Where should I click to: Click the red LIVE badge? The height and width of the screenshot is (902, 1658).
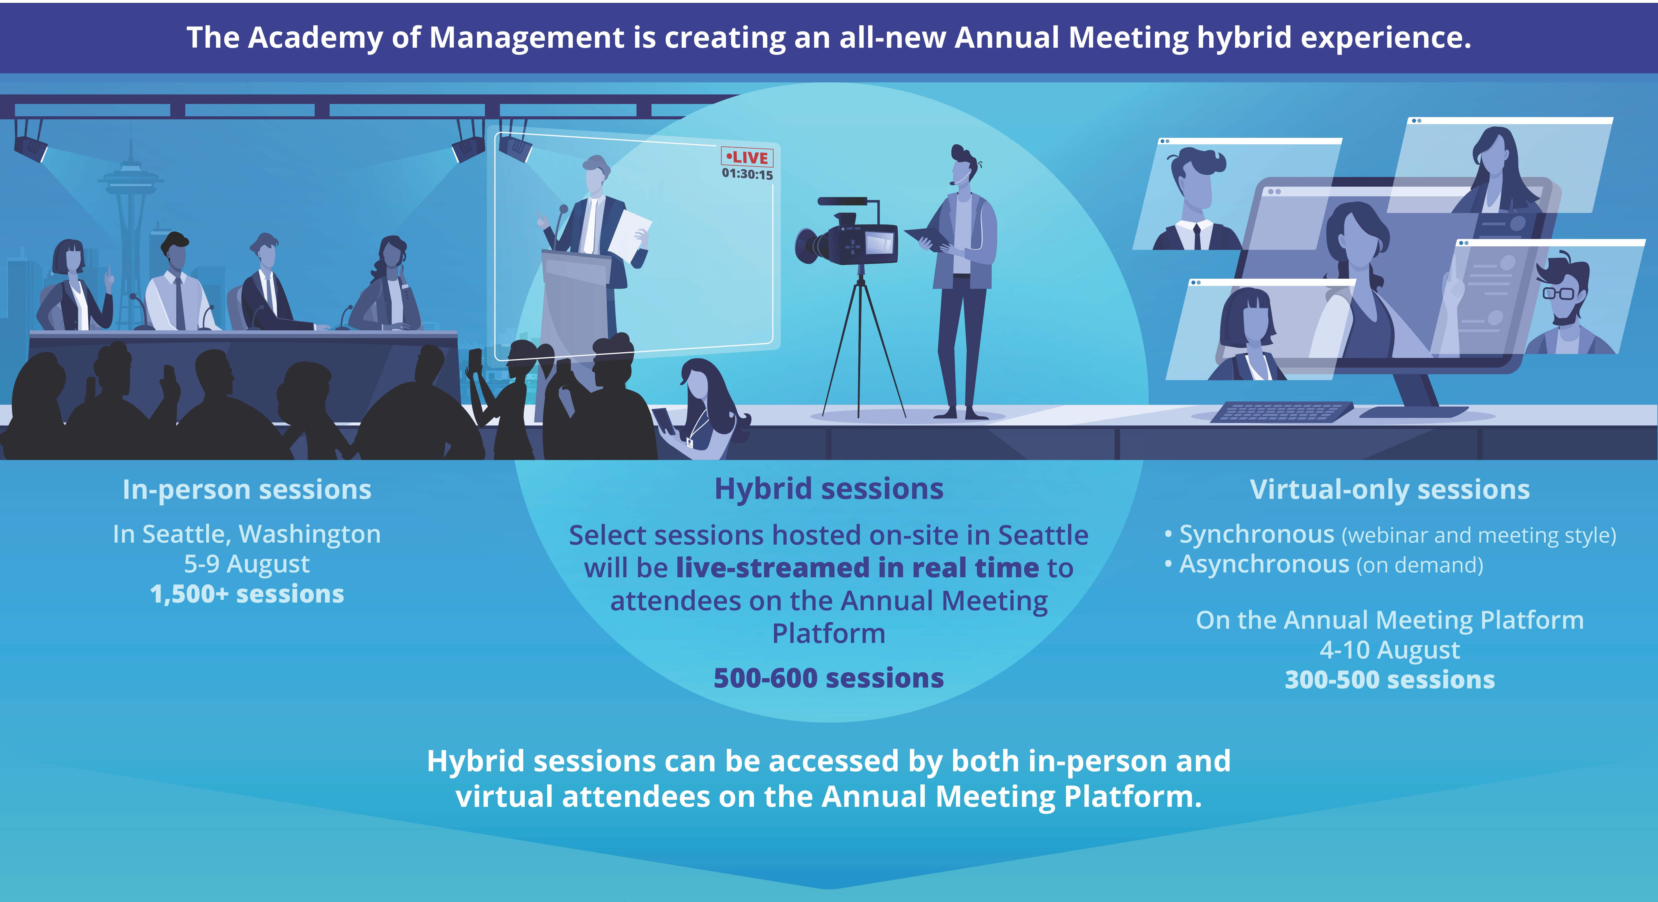(747, 157)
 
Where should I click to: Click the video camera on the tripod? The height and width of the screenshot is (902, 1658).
(846, 232)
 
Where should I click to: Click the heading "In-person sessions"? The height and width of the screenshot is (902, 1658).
(247, 489)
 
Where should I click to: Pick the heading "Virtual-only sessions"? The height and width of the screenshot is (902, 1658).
(1390, 489)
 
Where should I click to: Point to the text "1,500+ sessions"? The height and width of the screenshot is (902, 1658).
(247, 594)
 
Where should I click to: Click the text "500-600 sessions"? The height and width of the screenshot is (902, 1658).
(829, 678)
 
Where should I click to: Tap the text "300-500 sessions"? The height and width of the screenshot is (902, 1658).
(1390, 679)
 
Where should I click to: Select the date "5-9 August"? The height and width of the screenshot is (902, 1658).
(247, 564)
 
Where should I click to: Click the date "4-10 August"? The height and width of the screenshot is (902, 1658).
(1390, 650)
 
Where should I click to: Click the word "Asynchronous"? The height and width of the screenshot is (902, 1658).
(1264, 564)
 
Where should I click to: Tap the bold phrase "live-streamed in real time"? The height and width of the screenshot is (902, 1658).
(857, 568)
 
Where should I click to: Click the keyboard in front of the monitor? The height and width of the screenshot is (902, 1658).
(1281, 412)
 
